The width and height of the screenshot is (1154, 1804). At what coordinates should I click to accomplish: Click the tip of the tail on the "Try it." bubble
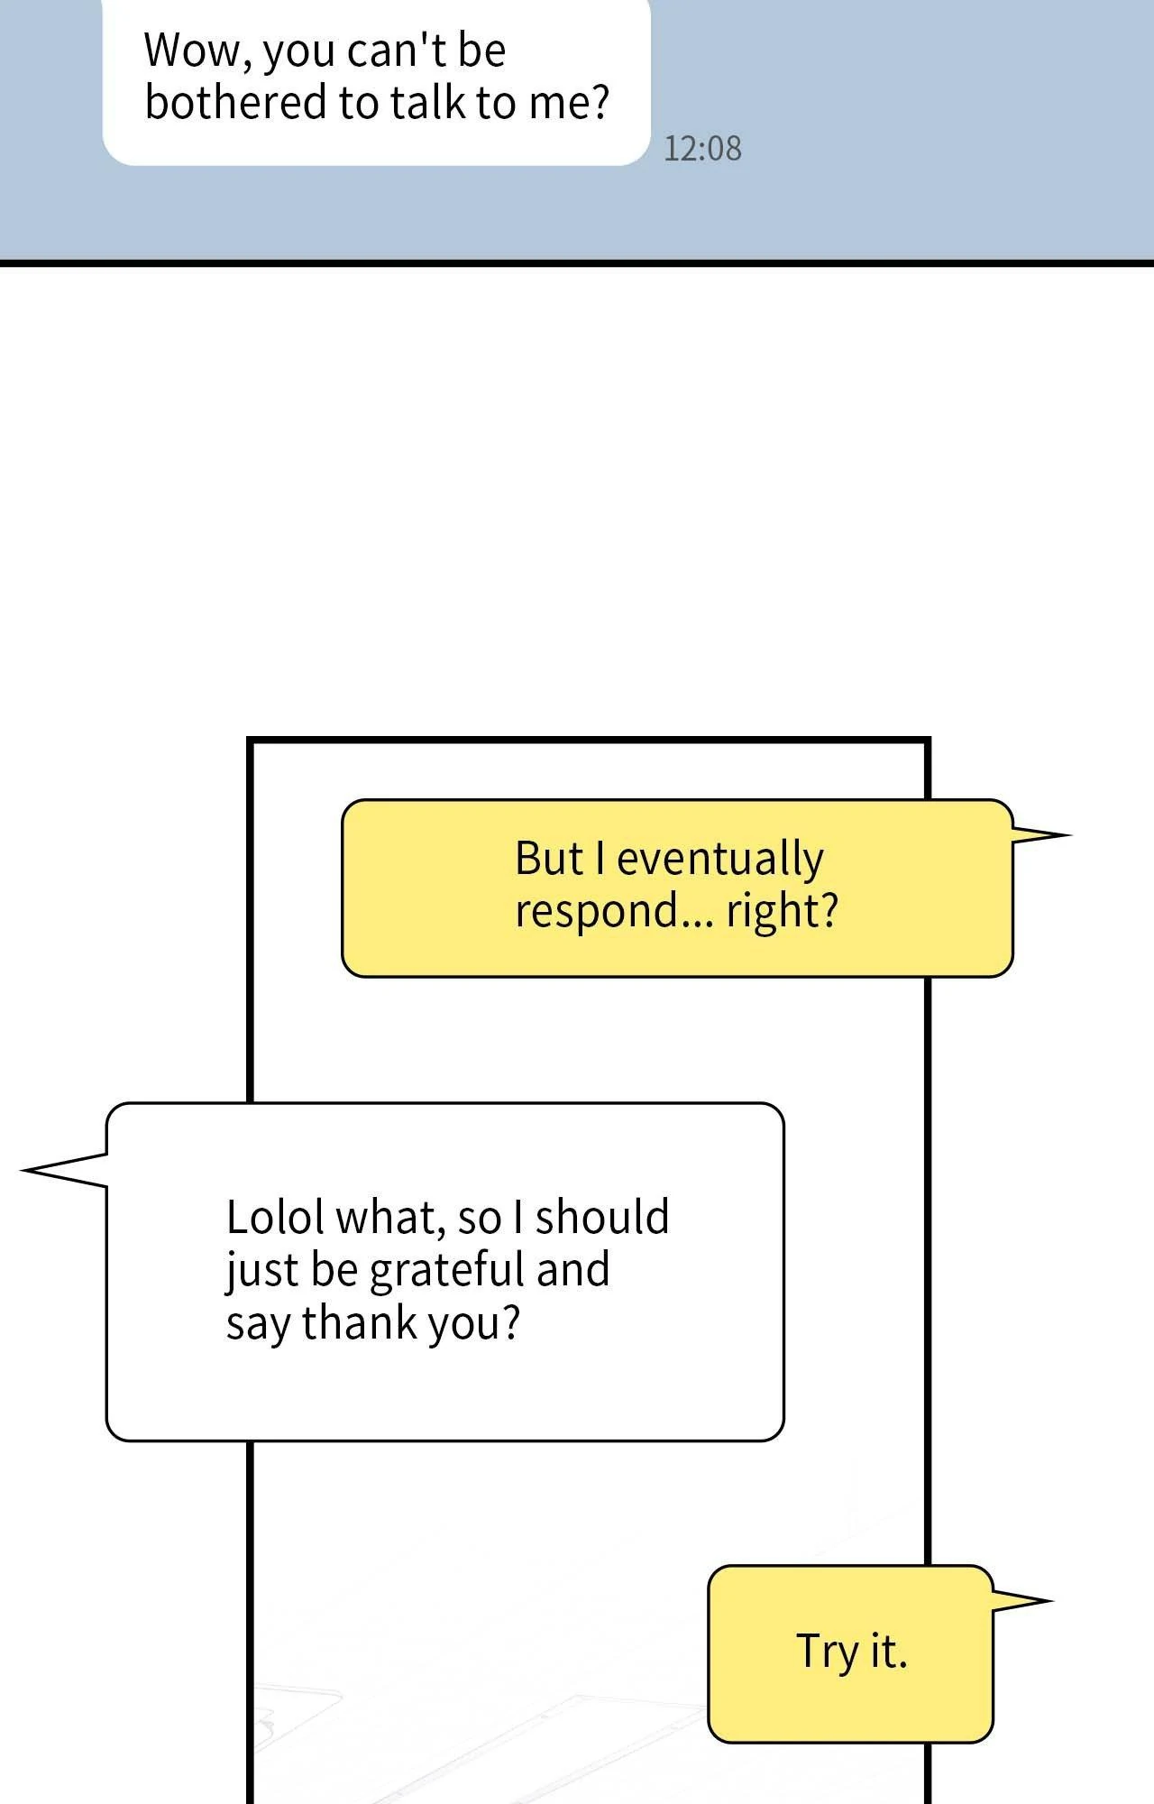pyautogui.click(x=1053, y=1601)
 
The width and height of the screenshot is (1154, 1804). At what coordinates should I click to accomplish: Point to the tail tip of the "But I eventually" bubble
pyautogui.click(x=1071, y=835)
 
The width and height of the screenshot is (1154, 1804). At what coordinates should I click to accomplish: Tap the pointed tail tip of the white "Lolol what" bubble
pyautogui.click(x=22, y=1170)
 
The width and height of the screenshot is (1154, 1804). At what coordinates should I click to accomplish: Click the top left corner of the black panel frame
pyautogui.click(x=250, y=741)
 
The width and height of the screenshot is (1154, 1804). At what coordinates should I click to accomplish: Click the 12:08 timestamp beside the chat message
pyautogui.click(x=703, y=149)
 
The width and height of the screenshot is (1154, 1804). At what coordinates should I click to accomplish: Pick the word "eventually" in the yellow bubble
pyautogui.click(x=719, y=859)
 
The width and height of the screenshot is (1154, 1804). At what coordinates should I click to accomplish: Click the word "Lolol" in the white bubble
pyautogui.click(x=275, y=1217)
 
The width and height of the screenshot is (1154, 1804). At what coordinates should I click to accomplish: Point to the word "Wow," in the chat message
pyautogui.click(x=197, y=51)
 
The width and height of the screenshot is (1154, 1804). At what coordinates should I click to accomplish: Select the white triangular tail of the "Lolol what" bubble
pyautogui.click(x=64, y=1170)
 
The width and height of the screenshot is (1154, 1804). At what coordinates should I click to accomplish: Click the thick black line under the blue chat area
pyautogui.click(x=577, y=263)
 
